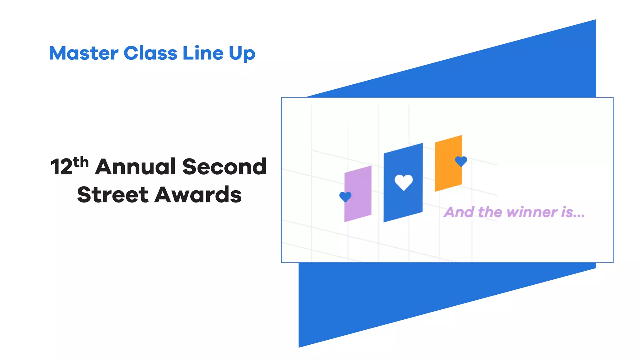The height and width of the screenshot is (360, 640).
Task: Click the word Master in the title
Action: tap(83, 53)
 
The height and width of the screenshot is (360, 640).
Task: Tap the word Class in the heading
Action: tap(150, 53)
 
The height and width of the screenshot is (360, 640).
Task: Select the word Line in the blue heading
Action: tap(203, 53)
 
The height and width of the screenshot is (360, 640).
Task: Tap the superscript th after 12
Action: tap(81, 162)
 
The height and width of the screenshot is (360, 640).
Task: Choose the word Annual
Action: tap(135, 167)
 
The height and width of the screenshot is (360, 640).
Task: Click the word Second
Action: tap(224, 167)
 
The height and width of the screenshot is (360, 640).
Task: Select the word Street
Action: tap(112, 195)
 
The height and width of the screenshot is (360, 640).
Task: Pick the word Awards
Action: tap(198, 195)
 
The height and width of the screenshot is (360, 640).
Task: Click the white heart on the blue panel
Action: tap(403, 182)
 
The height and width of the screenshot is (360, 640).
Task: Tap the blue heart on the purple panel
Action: tap(345, 197)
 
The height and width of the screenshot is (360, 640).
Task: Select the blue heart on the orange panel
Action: tap(461, 161)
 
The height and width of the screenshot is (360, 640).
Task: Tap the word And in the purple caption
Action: tap(459, 212)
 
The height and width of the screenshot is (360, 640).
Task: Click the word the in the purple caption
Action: tap(490, 212)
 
